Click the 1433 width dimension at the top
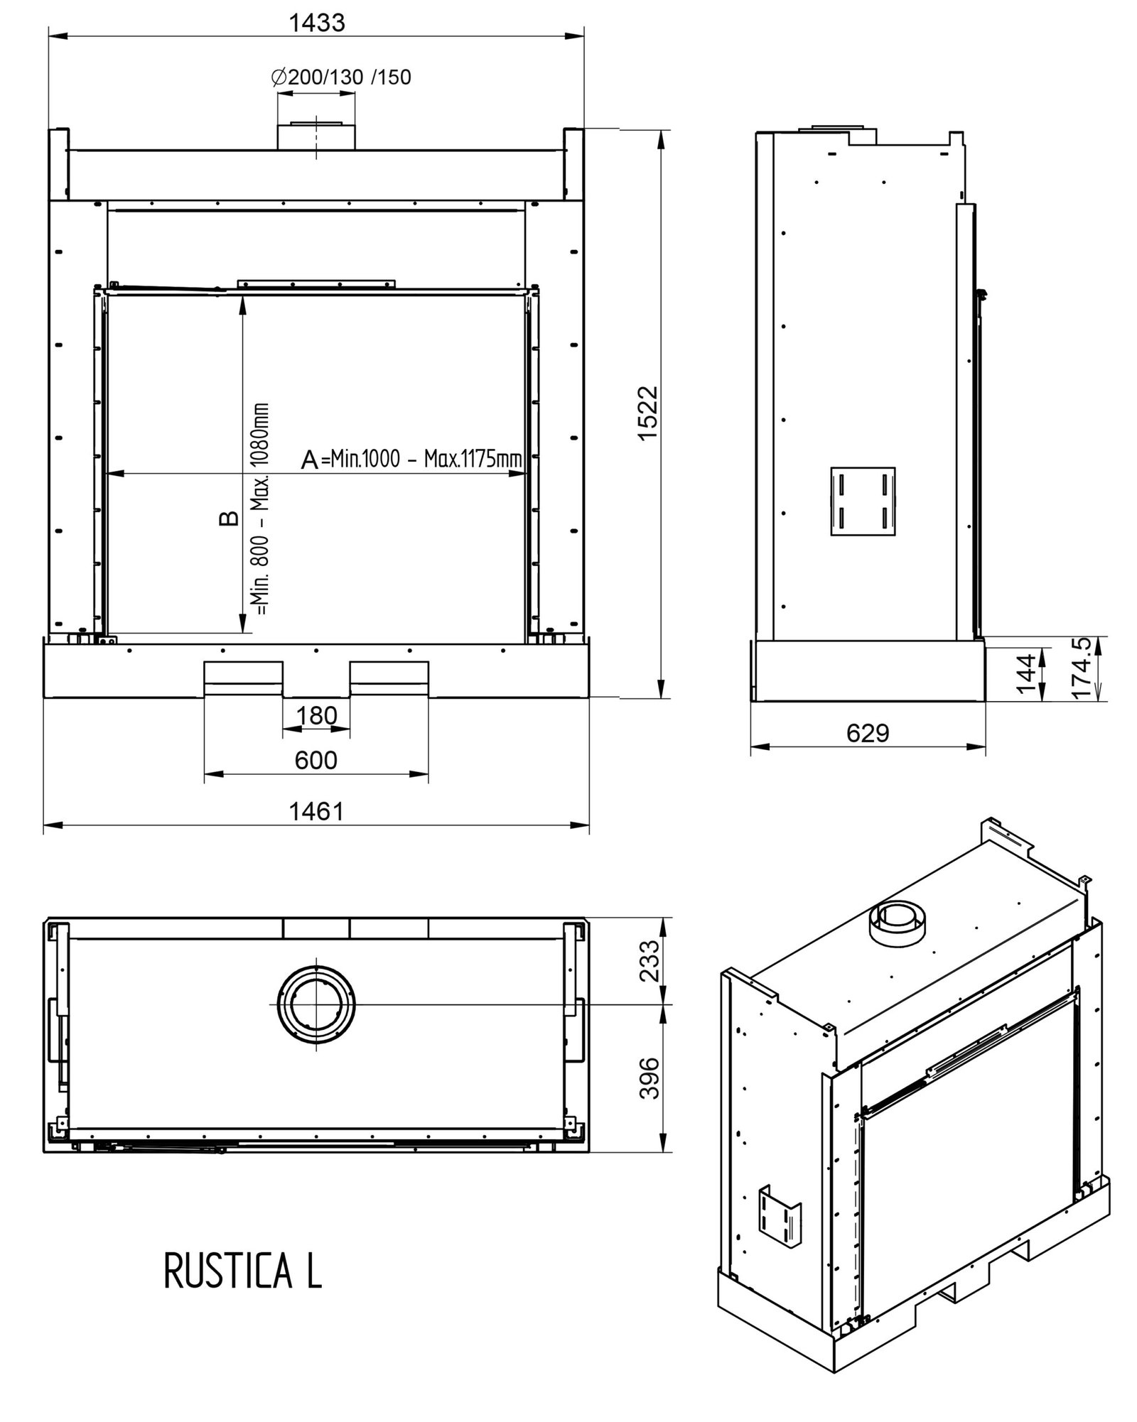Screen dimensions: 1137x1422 [x=317, y=23]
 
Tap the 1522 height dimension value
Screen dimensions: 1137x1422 [x=648, y=413]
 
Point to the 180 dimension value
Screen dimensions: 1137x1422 [x=316, y=715]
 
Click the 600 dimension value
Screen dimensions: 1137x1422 [x=316, y=761]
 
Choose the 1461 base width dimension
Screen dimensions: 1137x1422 [x=316, y=811]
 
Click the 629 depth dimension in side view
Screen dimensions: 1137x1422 [x=868, y=733]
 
